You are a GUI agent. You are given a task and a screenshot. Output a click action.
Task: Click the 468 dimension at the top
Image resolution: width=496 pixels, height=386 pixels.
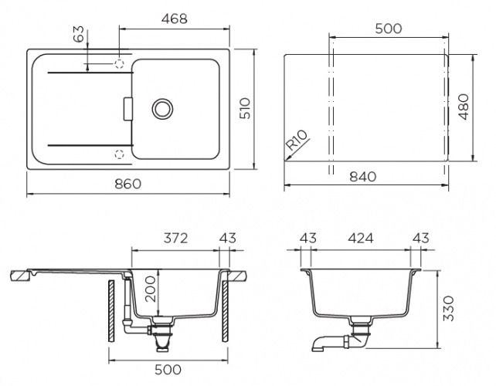click(x=175, y=19)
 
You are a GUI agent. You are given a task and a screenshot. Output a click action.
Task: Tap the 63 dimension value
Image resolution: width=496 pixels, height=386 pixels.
click(x=79, y=34)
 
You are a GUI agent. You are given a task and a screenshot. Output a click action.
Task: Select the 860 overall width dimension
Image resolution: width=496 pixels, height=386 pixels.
click(x=127, y=184)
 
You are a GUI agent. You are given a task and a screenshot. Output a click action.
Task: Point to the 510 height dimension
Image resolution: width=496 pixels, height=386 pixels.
click(x=245, y=108)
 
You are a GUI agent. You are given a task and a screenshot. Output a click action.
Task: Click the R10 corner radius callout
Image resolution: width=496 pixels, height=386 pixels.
click(x=297, y=140)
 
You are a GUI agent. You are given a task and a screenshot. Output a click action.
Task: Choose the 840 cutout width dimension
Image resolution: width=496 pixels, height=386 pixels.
click(x=363, y=177)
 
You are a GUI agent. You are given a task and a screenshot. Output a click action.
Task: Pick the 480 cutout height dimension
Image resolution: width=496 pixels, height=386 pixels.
click(x=464, y=107)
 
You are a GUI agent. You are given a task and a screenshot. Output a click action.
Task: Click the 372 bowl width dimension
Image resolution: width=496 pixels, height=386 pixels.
click(x=176, y=238)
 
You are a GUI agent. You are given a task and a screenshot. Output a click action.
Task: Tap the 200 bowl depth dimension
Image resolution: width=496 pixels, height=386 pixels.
click(x=151, y=289)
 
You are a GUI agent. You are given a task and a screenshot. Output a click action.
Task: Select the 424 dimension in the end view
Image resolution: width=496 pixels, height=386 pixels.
click(x=361, y=238)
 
